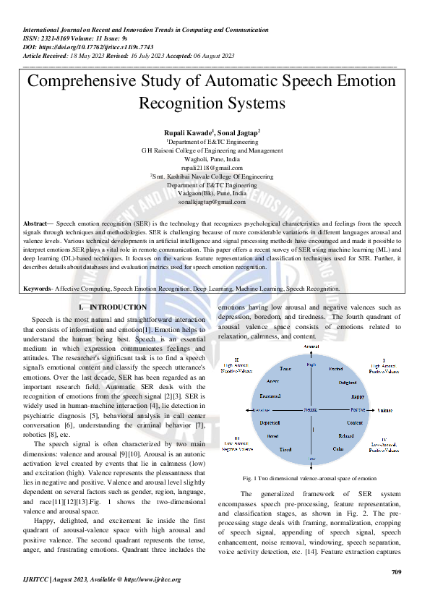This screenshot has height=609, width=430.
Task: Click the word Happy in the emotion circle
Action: click(357, 396)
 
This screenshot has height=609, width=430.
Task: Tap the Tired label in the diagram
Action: click(285, 449)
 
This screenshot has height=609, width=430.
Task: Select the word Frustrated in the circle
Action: click(270, 396)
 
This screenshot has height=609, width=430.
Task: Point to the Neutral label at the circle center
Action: click(311, 410)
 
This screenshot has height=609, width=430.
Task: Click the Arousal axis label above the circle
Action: click(311, 347)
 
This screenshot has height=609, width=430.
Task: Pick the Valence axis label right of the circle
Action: click(385, 410)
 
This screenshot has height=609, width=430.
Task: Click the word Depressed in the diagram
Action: click(270, 422)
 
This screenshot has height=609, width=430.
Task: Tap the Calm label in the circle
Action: click(338, 449)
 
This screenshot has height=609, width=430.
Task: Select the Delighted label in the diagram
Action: click(348, 381)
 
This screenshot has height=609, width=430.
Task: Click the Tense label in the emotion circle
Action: click(285, 369)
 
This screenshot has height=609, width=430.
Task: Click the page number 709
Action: click(395, 572)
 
